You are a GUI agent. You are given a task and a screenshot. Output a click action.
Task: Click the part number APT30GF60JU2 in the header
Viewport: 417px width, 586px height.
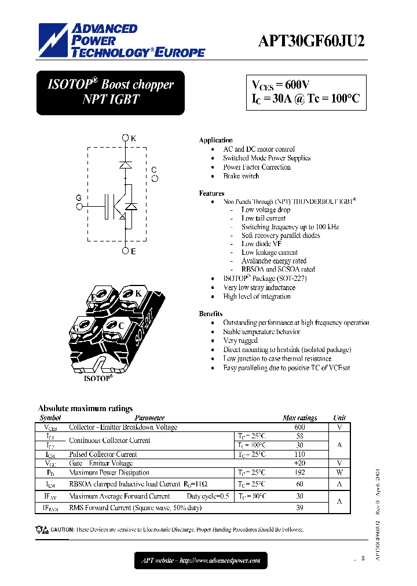[x=311, y=41]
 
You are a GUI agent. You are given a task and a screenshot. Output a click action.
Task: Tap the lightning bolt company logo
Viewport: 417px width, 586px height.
[x=53, y=40]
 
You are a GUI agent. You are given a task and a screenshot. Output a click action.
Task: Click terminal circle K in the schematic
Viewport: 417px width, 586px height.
[x=125, y=138]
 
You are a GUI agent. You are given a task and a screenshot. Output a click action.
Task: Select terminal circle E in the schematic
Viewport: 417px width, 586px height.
[x=125, y=251]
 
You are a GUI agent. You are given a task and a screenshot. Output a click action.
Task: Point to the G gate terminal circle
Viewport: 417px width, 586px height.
[x=78, y=206]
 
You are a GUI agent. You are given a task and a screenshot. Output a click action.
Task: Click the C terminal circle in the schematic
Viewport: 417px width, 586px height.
[x=154, y=178]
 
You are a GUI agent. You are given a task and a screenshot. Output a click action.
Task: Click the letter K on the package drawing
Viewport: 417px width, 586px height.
[x=138, y=294]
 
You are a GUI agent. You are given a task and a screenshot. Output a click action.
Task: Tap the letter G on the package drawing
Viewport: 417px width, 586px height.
[x=75, y=328]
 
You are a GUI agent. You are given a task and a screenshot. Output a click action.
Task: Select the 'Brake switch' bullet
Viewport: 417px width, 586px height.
[x=241, y=176]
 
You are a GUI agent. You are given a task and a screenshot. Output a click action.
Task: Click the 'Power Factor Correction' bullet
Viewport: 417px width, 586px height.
[x=257, y=167]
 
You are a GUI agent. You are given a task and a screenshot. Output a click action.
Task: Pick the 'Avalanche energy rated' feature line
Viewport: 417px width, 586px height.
[x=274, y=261]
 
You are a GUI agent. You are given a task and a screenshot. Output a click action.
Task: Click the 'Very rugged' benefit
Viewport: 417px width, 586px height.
[x=240, y=341]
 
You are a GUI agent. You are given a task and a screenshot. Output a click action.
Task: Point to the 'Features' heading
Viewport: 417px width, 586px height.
[x=211, y=193]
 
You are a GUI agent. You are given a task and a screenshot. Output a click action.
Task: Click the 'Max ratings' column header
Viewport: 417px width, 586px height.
[x=299, y=417]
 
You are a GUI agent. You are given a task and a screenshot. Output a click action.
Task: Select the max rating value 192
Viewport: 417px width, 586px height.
[x=299, y=473]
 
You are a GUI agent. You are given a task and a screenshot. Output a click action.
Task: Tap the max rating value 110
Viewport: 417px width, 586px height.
[x=299, y=455]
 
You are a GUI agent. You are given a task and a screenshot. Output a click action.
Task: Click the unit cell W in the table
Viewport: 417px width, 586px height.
[x=339, y=473]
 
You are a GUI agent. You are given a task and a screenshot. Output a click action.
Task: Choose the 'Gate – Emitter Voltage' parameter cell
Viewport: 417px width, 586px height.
[x=101, y=463]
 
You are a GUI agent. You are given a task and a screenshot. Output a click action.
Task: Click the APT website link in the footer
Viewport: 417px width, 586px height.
[x=201, y=561]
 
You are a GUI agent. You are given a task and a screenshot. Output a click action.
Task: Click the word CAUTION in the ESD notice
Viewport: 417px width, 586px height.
[x=61, y=530]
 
